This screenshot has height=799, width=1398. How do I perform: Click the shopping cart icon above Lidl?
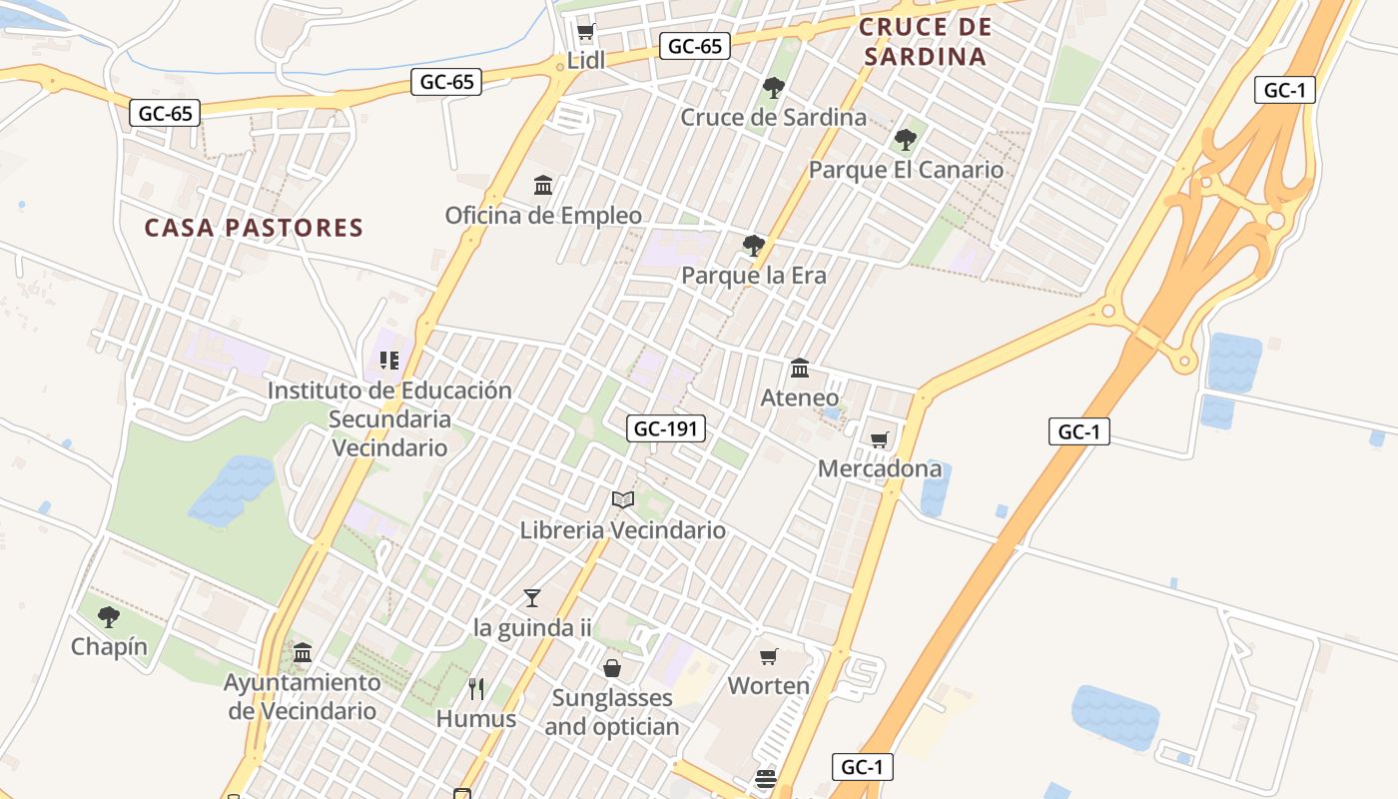(x=586, y=32)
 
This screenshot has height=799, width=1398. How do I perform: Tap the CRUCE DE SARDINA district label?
(x=926, y=42)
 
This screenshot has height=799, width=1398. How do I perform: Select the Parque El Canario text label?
(x=906, y=170)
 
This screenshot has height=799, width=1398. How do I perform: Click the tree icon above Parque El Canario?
(x=906, y=139)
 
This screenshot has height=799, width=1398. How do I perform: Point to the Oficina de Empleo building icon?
(x=543, y=185)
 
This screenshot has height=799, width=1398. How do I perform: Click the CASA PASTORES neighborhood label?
(x=254, y=228)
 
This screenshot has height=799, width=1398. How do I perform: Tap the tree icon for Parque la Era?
(x=754, y=245)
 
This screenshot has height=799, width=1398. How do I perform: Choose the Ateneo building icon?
(x=800, y=368)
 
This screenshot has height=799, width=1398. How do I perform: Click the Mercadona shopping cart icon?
(x=880, y=439)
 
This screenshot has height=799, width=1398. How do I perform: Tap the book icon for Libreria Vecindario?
(x=623, y=499)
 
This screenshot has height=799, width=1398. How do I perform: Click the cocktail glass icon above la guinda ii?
(x=532, y=597)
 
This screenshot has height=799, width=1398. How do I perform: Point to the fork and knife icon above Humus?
(x=476, y=688)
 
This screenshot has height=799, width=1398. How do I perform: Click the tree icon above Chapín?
(x=109, y=616)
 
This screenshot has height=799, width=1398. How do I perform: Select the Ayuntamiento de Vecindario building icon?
(x=303, y=652)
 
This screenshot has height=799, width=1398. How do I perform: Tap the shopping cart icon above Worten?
(x=768, y=656)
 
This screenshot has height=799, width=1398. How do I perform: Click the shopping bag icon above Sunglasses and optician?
(x=612, y=667)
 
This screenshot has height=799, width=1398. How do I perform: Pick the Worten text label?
(x=768, y=686)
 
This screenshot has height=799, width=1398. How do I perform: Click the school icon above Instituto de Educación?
(x=389, y=360)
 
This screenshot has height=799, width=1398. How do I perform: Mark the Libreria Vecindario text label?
(x=623, y=530)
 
